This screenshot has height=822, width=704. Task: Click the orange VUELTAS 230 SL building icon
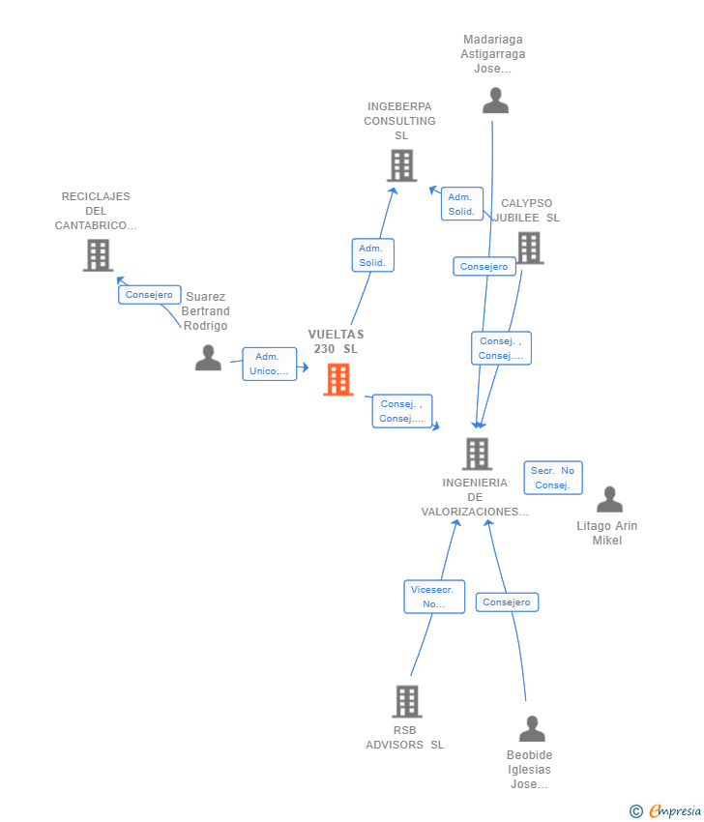click(x=338, y=379)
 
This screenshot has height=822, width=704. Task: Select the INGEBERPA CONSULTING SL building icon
click(x=402, y=165)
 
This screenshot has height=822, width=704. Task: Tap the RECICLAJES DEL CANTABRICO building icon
click(x=98, y=255)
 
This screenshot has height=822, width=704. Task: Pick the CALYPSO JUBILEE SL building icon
click(x=530, y=248)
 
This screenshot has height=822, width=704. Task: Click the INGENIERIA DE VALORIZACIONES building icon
click(x=477, y=454)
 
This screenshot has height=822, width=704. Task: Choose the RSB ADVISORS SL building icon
click(x=407, y=701)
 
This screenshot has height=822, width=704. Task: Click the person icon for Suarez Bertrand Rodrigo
click(x=208, y=358)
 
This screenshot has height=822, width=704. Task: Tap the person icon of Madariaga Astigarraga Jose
click(x=495, y=101)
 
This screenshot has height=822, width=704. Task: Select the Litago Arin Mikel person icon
click(x=609, y=499)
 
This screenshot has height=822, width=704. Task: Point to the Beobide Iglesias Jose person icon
click(x=532, y=728)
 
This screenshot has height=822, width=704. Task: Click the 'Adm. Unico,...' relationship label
click(x=270, y=364)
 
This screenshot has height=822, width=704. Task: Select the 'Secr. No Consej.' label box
click(x=553, y=478)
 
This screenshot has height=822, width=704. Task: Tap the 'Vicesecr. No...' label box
click(x=434, y=597)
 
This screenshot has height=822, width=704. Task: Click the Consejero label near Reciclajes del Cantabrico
click(x=149, y=295)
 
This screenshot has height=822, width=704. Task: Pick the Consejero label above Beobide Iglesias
click(x=507, y=602)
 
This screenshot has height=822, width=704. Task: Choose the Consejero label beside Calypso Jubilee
click(x=484, y=266)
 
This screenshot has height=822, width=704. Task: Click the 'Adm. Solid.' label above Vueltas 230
click(x=372, y=255)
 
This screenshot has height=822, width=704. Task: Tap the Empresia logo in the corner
click(x=665, y=811)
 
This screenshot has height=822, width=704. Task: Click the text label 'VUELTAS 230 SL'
click(x=336, y=341)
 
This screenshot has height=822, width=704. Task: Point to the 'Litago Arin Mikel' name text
click(x=607, y=533)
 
